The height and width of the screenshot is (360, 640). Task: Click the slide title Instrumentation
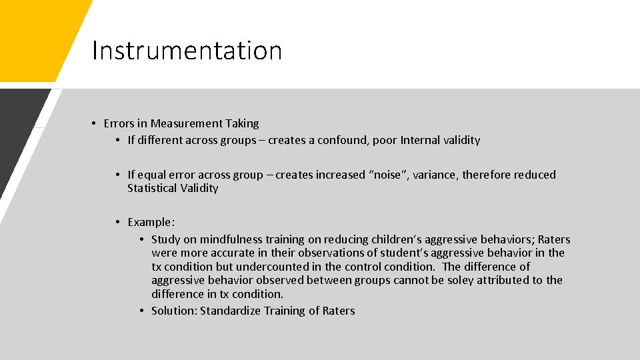pyautogui.click(x=187, y=51)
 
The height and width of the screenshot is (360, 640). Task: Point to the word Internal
pyautogui.click(x=420, y=140)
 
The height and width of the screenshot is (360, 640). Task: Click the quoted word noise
pyautogui.click(x=385, y=175)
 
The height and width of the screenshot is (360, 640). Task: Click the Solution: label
pyautogui.click(x=174, y=311)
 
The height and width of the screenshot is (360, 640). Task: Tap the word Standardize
pyautogui.click(x=231, y=311)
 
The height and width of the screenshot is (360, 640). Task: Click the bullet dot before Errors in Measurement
pyautogui.click(x=96, y=123)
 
